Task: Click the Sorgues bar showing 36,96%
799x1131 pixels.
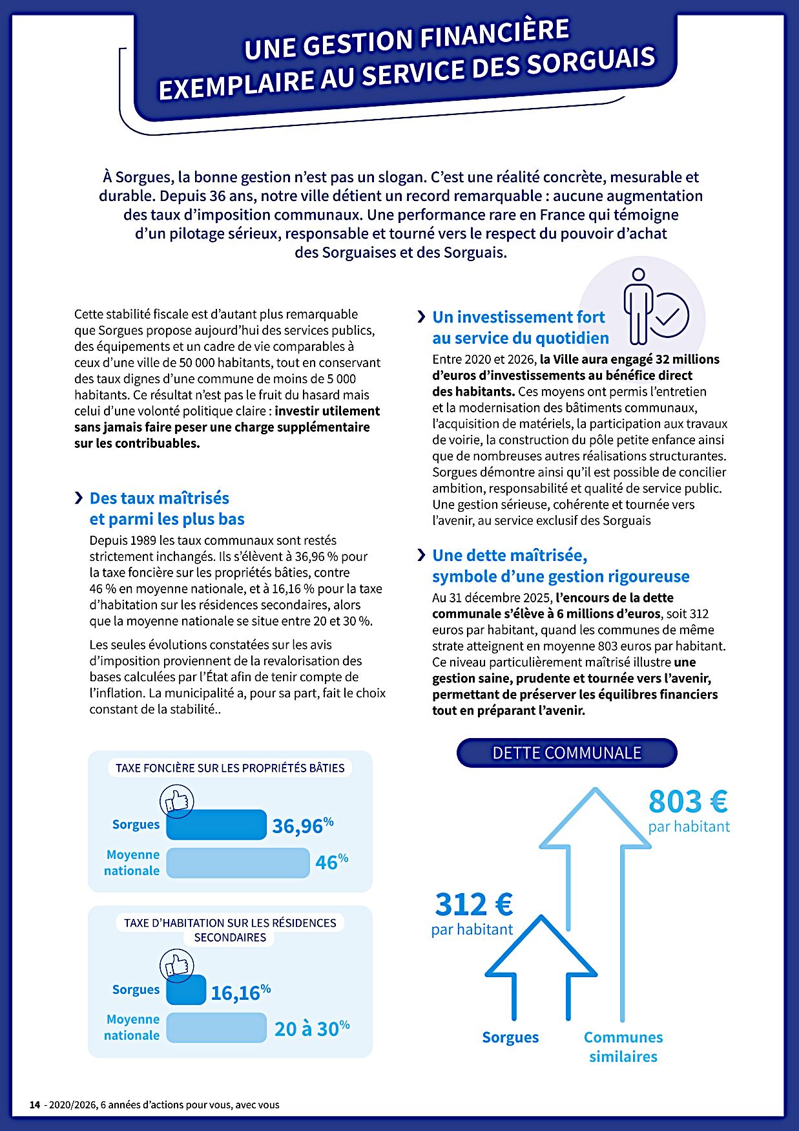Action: point(216,825)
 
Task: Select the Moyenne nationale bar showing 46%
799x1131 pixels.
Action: point(238,863)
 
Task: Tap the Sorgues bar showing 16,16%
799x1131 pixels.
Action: point(186,990)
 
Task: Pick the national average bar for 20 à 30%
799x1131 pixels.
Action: point(216,1028)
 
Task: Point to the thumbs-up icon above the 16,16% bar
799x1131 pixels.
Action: point(177,966)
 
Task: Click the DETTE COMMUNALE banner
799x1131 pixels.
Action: point(566,753)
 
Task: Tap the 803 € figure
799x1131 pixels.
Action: point(688,802)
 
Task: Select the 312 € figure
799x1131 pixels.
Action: point(474,904)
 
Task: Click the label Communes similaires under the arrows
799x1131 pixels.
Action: point(623,1046)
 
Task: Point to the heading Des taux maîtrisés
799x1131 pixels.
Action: point(160,498)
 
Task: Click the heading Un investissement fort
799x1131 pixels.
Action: point(519,317)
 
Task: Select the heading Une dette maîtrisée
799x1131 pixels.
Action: point(510,556)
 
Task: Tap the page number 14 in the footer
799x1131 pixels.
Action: point(35,1105)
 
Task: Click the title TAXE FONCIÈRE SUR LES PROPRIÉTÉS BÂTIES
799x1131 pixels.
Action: point(230,768)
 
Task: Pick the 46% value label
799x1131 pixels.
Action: point(331,861)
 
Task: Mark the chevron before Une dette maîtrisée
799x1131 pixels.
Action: point(421,555)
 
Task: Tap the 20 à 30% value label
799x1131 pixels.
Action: point(312,1028)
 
